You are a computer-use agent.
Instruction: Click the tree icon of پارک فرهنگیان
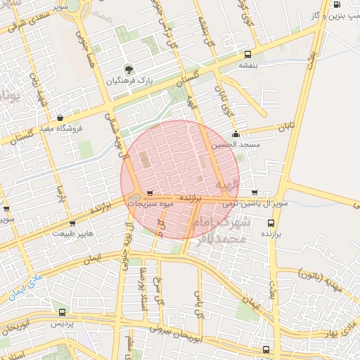pyautogui.click(x=129, y=69)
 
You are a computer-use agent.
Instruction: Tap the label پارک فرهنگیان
pyautogui.click(x=129, y=81)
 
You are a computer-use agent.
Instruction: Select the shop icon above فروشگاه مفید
pyautogui.click(x=60, y=117)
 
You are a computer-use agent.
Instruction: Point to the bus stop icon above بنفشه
pyautogui.click(x=247, y=53)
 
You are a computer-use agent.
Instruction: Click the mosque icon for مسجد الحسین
pyautogui.click(x=235, y=134)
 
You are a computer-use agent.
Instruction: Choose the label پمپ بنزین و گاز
pyautogui.click(x=333, y=14)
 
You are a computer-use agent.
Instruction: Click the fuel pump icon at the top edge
pyautogui.click(x=337, y=4)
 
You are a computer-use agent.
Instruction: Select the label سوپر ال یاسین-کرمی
pyautogui.click(x=254, y=203)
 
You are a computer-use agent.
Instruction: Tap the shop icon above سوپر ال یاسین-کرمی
pyautogui.click(x=254, y=192)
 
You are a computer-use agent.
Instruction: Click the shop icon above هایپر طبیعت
pyautogui.click(x=72, y=224)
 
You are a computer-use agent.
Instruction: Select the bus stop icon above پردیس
pyautogui.click(x=63, y=312)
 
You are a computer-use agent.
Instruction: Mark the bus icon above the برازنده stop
pyautogui.click(x=271, y=223)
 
